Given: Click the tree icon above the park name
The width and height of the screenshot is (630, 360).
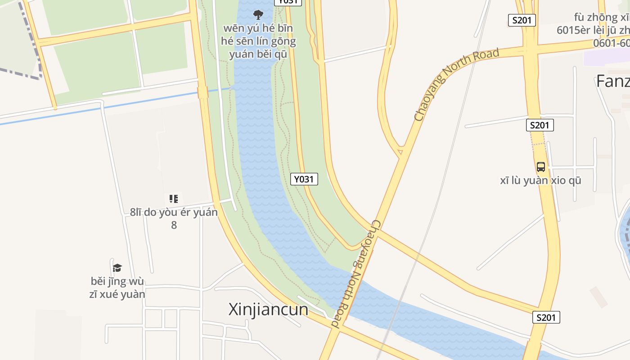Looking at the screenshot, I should point(258,15).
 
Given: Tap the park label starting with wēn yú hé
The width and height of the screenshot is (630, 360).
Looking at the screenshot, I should point(258,41).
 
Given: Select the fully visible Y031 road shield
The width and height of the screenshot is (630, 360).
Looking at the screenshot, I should point(304,179).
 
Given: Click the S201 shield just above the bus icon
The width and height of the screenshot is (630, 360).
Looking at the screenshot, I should point(540,125).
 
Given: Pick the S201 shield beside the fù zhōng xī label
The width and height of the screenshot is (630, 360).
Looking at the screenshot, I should point(522,20).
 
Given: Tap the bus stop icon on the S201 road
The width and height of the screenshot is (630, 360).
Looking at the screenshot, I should point(541,167).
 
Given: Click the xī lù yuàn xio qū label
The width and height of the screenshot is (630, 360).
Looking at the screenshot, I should point(540,180).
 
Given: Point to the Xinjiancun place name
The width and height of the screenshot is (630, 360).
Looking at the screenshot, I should point(268,309).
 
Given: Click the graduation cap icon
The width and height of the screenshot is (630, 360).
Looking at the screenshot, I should point(117,268).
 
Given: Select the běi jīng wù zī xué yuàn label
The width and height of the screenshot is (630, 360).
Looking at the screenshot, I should point(118,288).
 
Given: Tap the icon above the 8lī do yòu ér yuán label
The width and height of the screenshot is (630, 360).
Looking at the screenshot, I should point(174,198).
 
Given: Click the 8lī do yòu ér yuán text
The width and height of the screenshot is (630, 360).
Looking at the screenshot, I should point(174,212).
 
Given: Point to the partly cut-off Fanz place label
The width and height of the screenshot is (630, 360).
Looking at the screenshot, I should point(612,81).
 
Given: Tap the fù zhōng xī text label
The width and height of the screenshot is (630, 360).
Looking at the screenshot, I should point(601,18).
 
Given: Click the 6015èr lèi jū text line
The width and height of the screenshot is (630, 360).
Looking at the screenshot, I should point(593,30).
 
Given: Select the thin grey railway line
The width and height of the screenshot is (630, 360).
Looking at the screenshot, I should point(443,180).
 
